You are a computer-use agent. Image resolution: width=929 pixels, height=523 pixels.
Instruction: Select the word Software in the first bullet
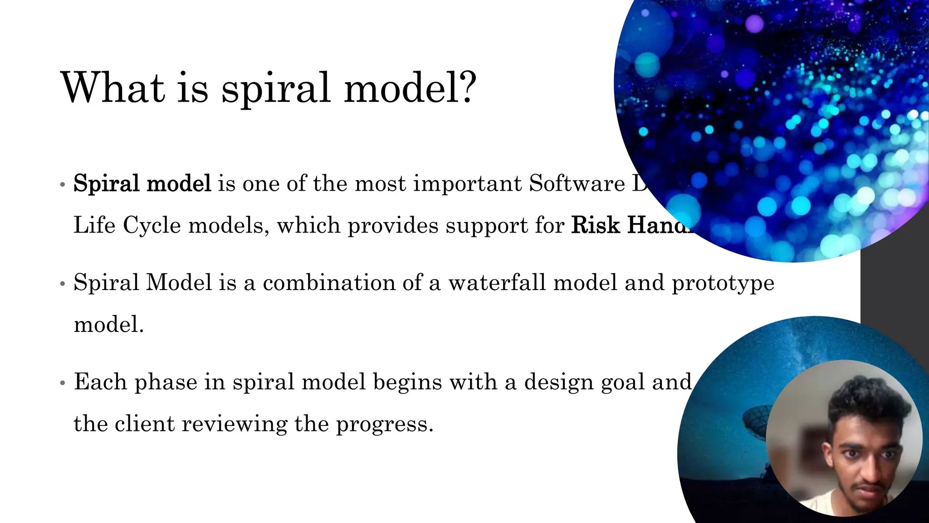coord(577,184)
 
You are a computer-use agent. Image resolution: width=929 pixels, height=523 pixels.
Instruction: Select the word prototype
coord(723,283)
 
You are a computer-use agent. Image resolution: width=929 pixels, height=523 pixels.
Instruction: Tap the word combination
coord(329,282)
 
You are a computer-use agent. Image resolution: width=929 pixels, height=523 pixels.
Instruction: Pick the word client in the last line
coord(144,424)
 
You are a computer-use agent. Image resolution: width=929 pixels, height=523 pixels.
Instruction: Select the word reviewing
coord(235,424)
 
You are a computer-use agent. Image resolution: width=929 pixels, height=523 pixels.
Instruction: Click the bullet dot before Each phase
coord(63,383)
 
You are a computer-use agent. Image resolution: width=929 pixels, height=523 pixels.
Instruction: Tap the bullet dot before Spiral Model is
coord(63,284)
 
